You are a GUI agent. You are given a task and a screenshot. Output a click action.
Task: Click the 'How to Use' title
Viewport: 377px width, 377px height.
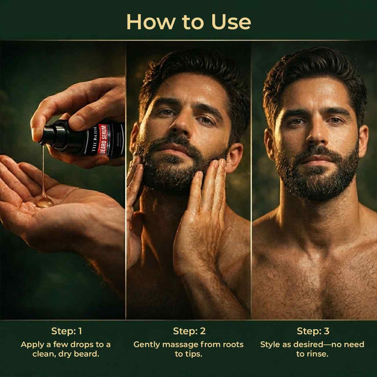click(x=188, y=22)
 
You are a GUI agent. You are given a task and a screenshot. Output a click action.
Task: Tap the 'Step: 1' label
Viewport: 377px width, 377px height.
click(x=66, y=331)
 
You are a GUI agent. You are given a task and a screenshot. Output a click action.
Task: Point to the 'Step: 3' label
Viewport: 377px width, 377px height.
click(x=313, y=331)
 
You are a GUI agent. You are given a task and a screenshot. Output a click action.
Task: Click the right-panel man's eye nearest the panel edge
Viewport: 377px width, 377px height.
click(x=338, y=120)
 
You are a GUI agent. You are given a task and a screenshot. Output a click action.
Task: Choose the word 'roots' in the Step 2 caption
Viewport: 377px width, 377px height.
click(x=233, y=345)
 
